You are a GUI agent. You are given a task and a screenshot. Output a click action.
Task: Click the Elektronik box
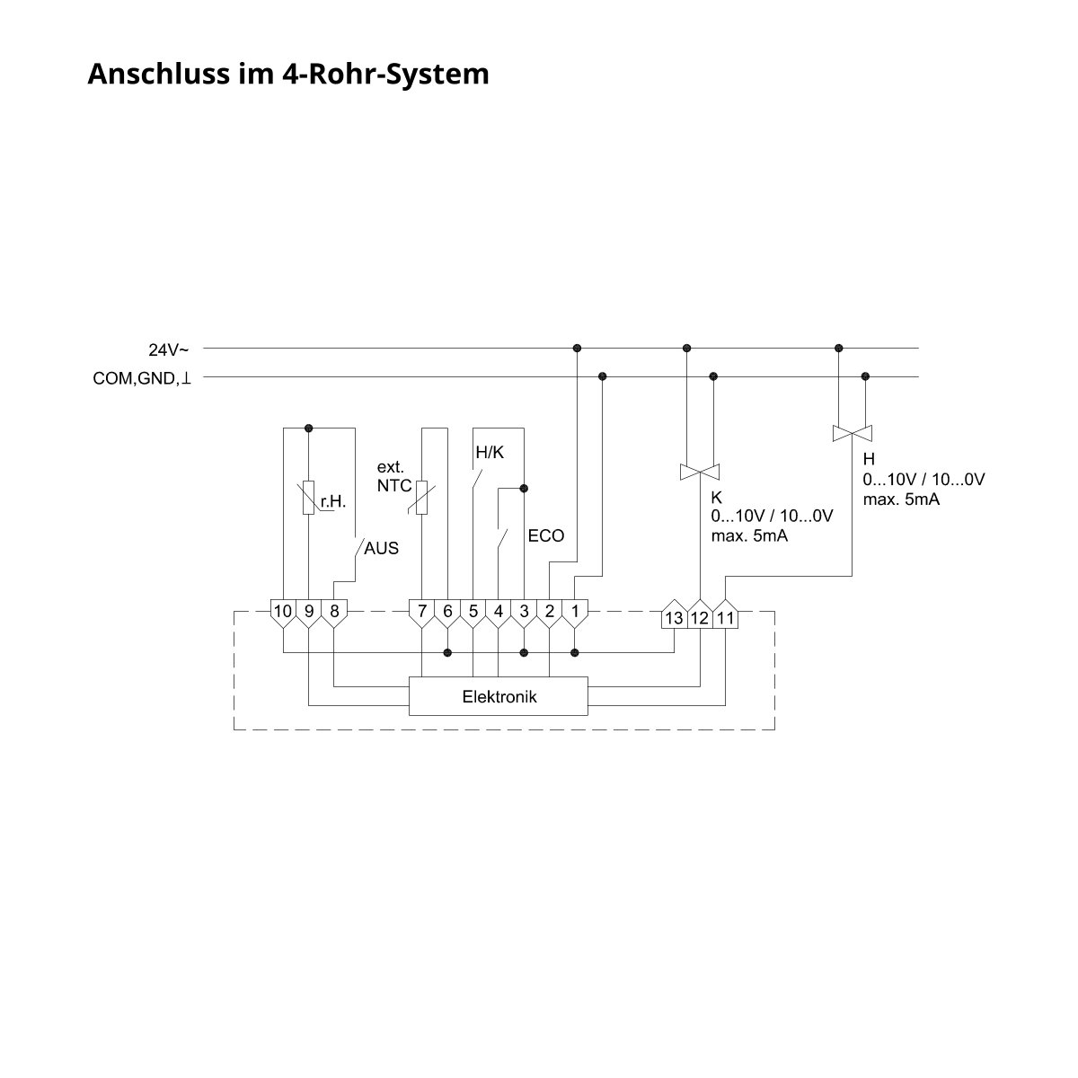point(498,696)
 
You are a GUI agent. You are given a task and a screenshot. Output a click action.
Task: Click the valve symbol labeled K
point(700,472)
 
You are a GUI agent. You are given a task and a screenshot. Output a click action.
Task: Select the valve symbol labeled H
point(852,433)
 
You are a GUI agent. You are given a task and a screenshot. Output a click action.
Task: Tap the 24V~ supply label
point(168,349)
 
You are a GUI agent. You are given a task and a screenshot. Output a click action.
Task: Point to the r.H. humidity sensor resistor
point(308,497)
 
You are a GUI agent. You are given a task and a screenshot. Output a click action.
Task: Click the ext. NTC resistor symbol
point(422,497)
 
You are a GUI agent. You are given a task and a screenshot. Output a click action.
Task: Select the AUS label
point(382,548)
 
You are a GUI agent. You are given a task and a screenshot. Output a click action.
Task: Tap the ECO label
point(546,535)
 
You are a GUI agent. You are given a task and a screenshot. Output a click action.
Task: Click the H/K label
point(490,452)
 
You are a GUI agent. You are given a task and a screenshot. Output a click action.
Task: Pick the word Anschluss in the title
point(158,74)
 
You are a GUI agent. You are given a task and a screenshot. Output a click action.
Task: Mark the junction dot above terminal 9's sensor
point(308,428)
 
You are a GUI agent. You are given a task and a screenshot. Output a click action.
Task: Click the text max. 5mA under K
point(749,535)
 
